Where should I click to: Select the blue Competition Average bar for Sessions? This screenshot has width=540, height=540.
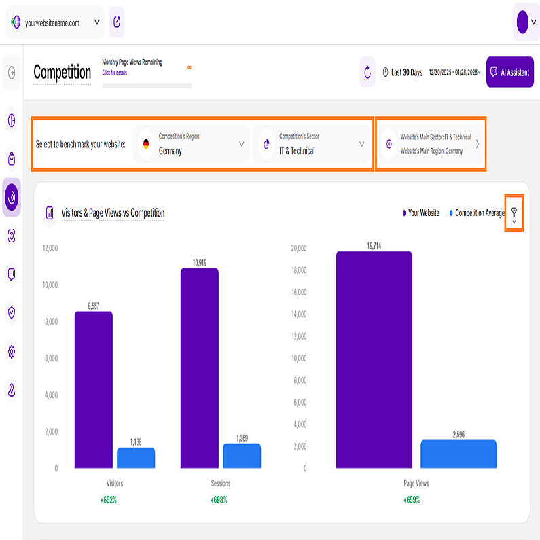coord(241,456)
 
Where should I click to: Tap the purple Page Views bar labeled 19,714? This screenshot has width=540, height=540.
coord(374,359)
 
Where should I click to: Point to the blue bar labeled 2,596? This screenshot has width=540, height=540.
coord(458,454)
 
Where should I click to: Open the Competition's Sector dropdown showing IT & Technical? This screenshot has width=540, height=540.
coord(312,144)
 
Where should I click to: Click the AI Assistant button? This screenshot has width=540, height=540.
coord(509,72)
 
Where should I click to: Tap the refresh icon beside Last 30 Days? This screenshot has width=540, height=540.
coord(367,72)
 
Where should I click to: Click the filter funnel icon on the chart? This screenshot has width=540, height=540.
coord(514,213)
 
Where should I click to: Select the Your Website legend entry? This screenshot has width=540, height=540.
coord(420,213)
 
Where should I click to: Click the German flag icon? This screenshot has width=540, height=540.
coord(146,144)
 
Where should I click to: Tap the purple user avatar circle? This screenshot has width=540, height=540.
coord(522,22)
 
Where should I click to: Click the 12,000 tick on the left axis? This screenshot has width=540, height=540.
coord(50,248)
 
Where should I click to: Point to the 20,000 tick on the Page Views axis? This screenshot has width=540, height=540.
coord(298,248)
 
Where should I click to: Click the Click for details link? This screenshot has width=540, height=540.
coord(114,73)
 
